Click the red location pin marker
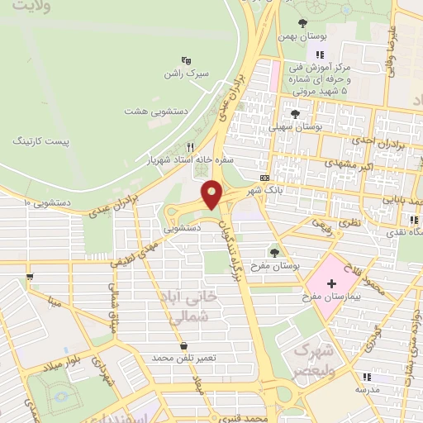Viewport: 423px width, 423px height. (213, 193)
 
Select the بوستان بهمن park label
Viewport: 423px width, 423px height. (307, 38)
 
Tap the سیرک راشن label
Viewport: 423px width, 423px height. (188, 74)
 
